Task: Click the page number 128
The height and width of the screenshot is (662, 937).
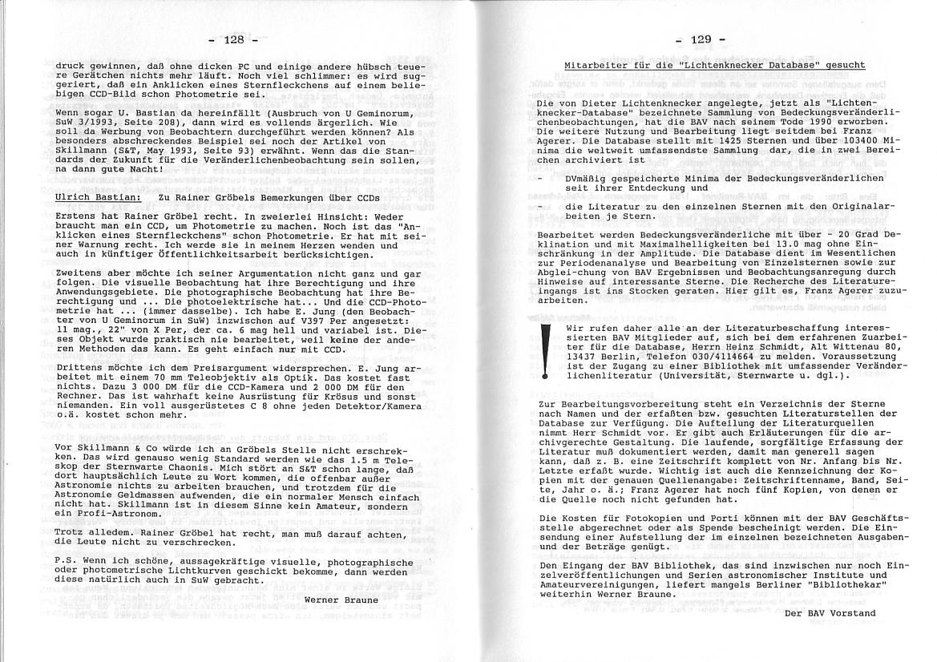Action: coord(232,39)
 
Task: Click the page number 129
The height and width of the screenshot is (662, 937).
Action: coord(700,38)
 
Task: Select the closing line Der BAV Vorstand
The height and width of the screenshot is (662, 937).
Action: coord(830,613)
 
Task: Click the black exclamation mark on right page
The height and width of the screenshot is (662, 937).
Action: coord(546,349)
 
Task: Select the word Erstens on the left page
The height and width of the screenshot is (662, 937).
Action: coord(78,216)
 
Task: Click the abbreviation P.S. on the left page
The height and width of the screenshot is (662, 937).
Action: coord(67,563)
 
